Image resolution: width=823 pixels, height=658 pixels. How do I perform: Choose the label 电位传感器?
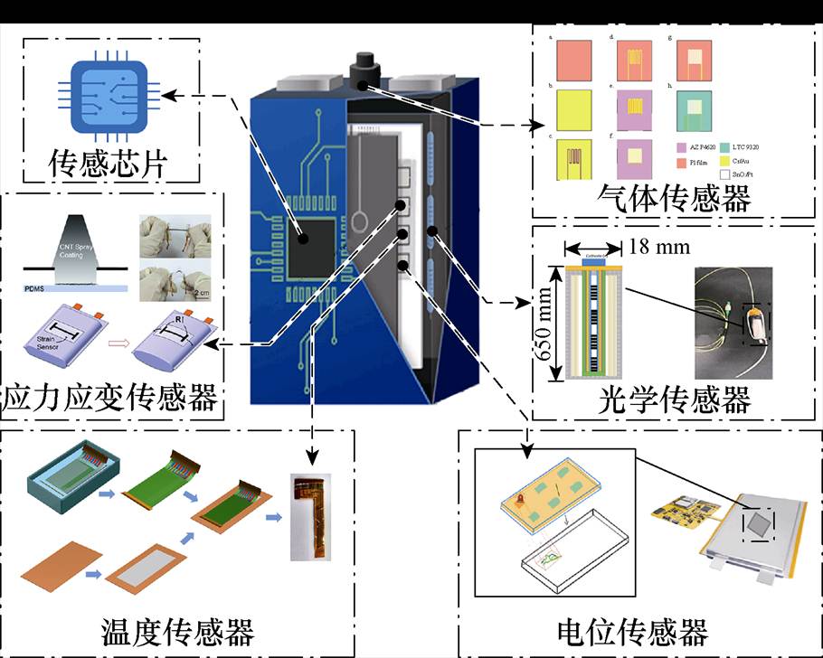632,630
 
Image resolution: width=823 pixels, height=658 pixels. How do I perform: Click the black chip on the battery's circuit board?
312,240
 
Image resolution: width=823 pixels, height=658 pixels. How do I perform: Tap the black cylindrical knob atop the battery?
365,68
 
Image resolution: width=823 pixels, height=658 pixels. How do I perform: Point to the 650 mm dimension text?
545,321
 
